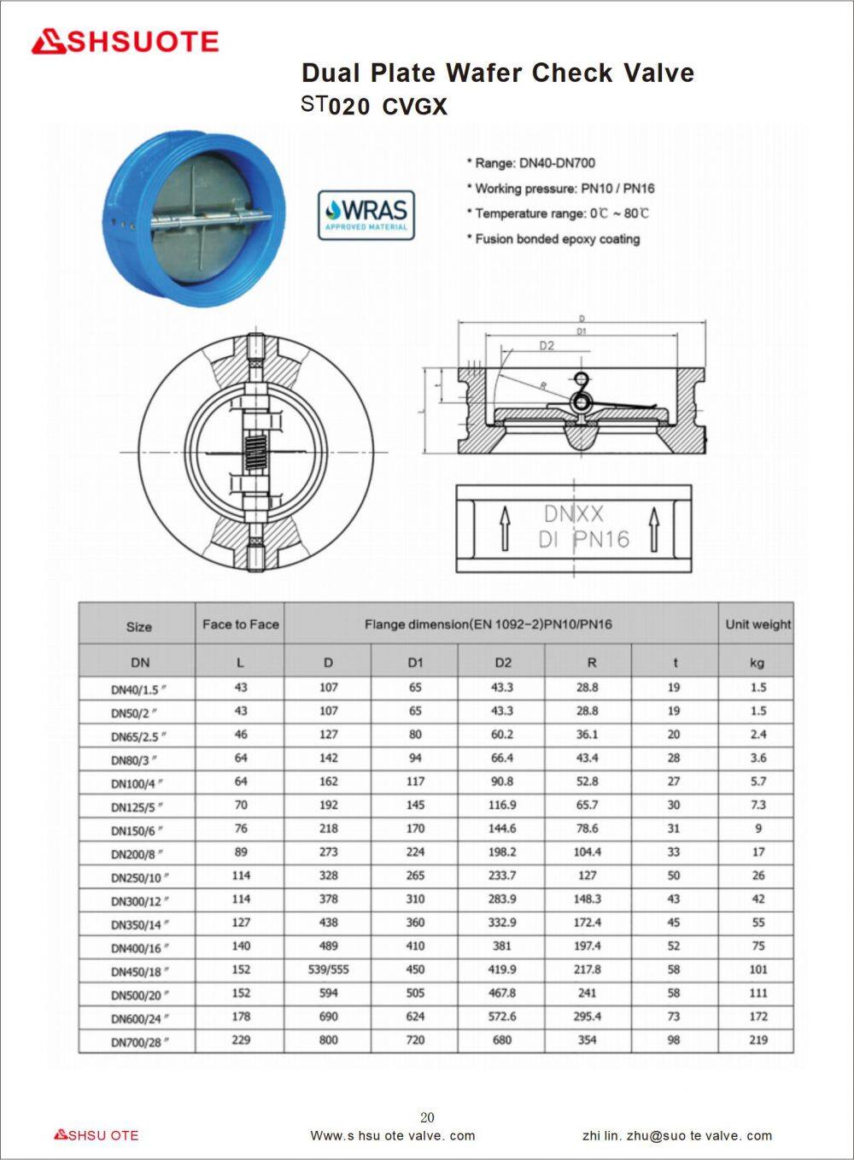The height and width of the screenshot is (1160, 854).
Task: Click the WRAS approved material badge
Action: [x=366, y=214]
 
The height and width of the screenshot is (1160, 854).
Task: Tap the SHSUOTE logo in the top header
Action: [x=126, y=42]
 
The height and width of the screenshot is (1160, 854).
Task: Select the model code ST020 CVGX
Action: [x=374, y=106]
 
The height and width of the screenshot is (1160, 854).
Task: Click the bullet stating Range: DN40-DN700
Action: [x=530, y=163]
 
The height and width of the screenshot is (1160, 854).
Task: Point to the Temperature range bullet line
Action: [x=558, y=214]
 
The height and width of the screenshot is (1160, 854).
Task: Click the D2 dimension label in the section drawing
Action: [x=547, y=346]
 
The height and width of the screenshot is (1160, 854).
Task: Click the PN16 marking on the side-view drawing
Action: [x=600, y=539]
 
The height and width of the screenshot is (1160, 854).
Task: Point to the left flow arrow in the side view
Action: [x=505, y=529]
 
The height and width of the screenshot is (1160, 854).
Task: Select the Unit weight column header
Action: [x=757, y=624]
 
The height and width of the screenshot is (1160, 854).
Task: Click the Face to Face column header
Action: [x=240, y=624]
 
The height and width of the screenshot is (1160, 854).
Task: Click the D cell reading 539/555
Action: [x=328, y=970]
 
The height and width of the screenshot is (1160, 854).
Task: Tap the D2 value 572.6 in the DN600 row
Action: [x=502, y=1016]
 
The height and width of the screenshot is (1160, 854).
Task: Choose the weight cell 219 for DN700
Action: [x=757, y=1040]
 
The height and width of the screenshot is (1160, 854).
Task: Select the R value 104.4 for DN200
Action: [x=588, y=852]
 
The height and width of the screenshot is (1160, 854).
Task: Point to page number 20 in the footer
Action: [x=427, y=1117]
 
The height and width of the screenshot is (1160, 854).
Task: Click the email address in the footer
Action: [x=676, y=1136]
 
